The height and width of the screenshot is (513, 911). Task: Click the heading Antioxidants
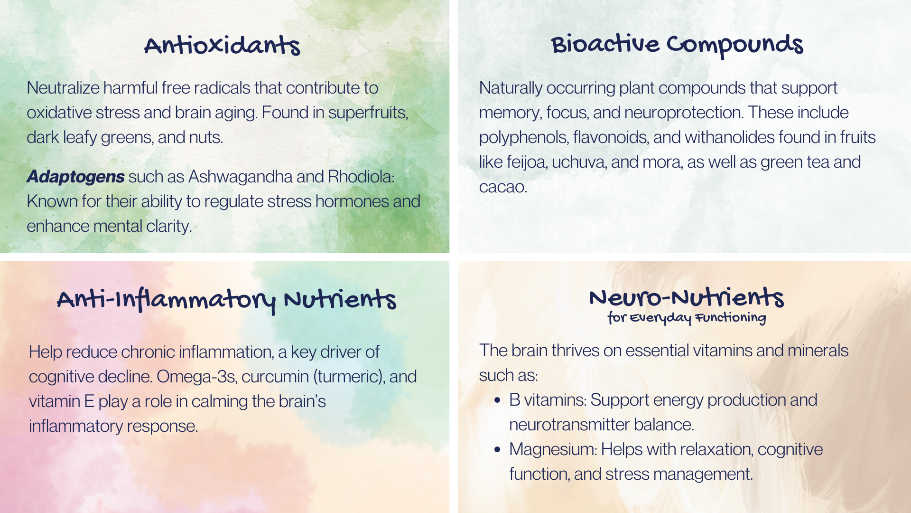tap(222, 46)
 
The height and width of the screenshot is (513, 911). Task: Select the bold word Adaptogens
tap(75, 177)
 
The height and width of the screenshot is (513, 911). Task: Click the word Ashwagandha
tap(240, 177)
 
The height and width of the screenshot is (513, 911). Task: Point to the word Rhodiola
tap(361, 177)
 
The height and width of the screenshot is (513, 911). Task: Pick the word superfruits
tap(368, 113)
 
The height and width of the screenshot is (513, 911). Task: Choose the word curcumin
tap(275, 377)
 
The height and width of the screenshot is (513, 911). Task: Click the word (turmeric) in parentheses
tap(349, 377)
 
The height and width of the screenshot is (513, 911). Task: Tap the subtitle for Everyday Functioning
tap(687, 318)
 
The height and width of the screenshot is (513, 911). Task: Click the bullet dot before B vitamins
tap(497, 400)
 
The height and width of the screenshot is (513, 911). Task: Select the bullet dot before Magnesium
tap(497, 450)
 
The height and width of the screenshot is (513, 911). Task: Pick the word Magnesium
tap(553, 449)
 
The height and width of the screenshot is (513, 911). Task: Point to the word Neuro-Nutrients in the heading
tap(686, 297)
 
